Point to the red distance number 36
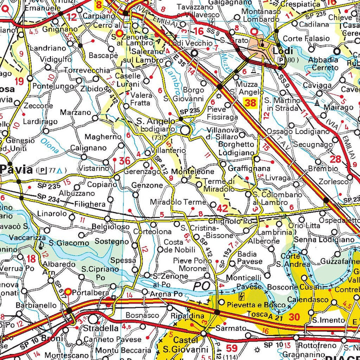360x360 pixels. click(x=124, y=160)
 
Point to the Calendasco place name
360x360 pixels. click(x=307, y=300)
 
